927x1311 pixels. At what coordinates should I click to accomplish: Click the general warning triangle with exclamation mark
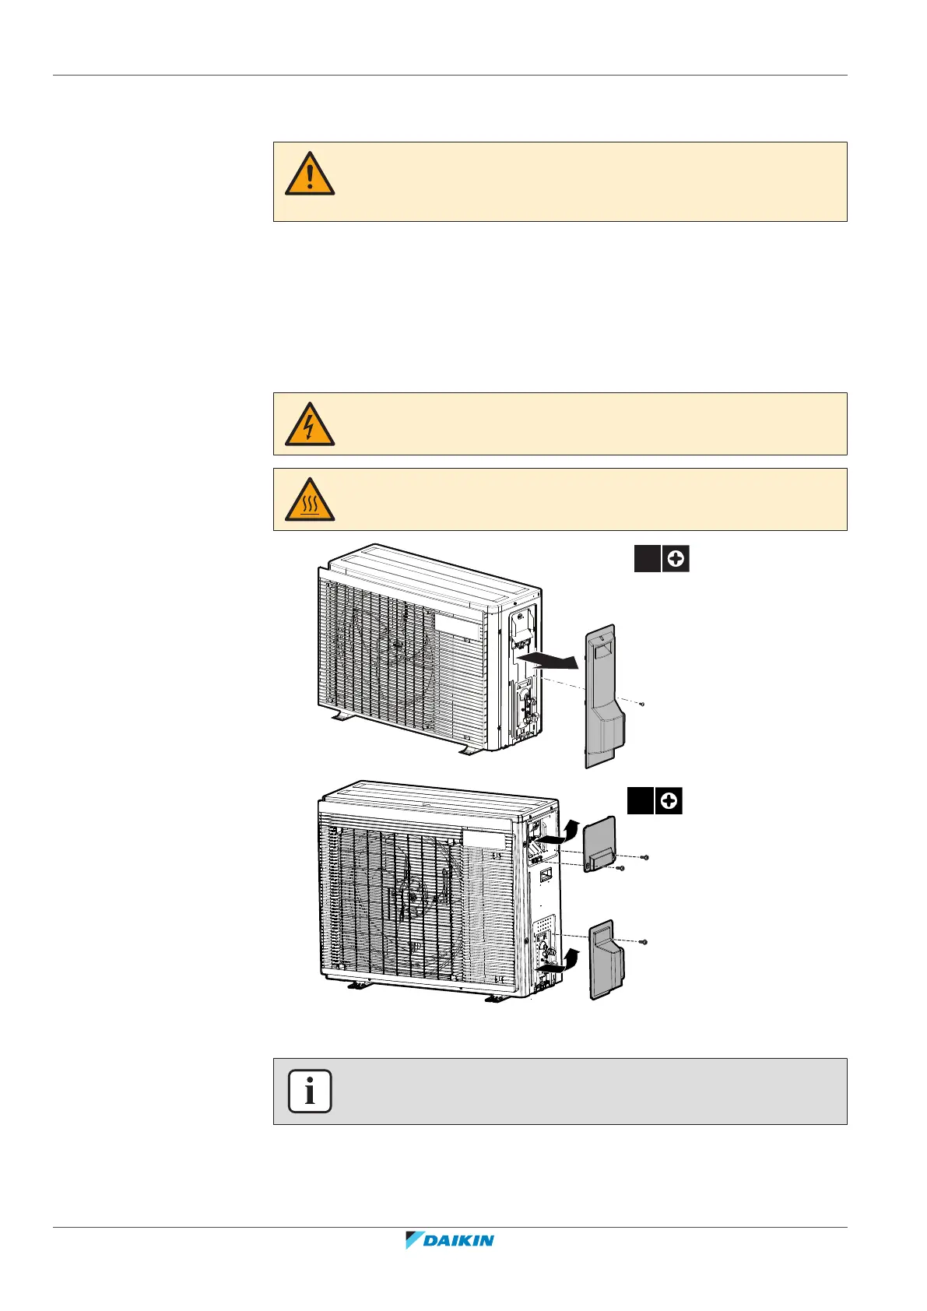(x=310, y=174)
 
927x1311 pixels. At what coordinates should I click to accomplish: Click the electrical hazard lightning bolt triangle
(x=310, y=425)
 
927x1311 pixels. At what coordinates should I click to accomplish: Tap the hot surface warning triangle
(x=310, y=501)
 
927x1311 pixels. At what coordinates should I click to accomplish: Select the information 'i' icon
(x=310, y=1091)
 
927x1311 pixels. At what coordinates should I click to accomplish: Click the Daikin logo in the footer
(x=450, y=1241)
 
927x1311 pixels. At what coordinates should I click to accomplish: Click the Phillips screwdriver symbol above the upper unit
(x=676, y=559)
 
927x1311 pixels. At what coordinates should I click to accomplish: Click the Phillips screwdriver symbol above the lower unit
(x=669, y=801)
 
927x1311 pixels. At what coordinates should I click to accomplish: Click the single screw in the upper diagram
(x=641, y=704)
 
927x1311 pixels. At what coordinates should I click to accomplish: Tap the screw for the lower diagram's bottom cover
(x=644, y=942)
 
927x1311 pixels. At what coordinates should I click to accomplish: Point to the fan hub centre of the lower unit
(x=411, y=897)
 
